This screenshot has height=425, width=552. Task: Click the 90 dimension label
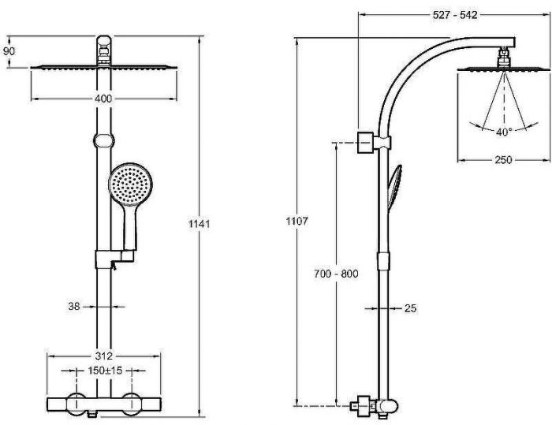9,51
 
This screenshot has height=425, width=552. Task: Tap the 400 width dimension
103,99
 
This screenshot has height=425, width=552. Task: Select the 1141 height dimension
200,224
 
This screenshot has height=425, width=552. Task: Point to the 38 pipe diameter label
74,307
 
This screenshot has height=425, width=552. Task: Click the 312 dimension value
104,356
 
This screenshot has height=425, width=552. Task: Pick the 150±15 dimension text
105,371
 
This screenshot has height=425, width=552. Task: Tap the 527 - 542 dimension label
455,15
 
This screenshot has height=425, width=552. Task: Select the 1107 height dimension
297,221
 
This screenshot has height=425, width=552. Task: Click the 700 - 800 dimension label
336,274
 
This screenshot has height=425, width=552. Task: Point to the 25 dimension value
411,308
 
